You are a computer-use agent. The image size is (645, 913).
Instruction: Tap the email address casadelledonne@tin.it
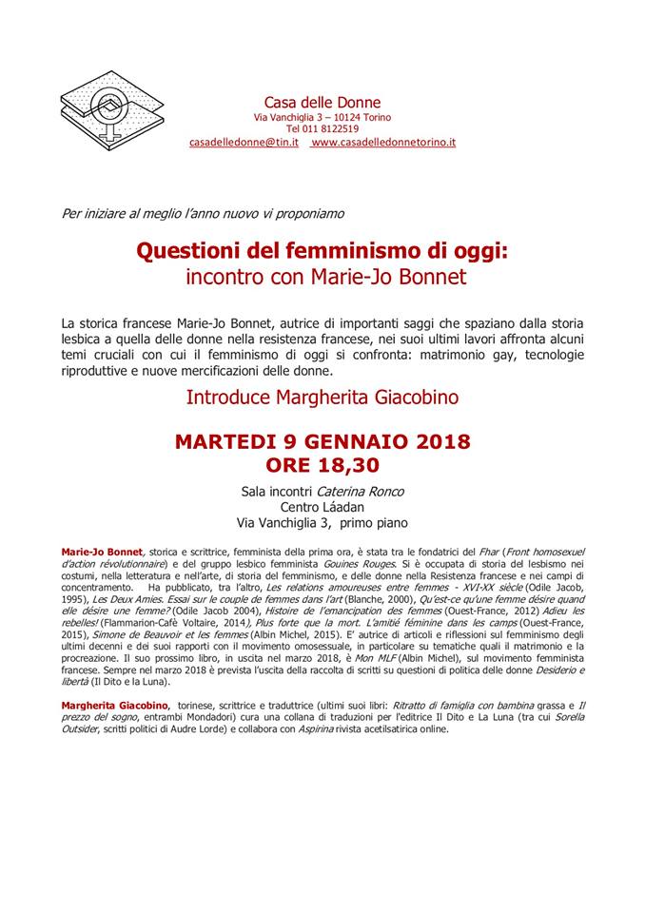coord(244,142)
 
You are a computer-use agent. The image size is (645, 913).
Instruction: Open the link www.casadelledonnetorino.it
coord(383,142)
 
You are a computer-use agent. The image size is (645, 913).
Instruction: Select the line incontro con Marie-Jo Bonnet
coord(323,278)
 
